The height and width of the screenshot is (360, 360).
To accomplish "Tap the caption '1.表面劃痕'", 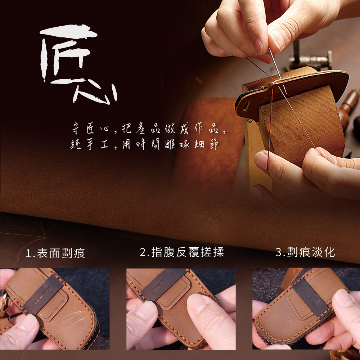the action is [55, 253].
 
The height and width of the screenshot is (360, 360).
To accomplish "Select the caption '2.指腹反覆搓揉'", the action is [182, 252].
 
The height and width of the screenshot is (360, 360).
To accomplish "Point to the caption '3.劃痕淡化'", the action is [305, 252].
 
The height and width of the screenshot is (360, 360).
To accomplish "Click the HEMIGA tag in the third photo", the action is [311, 298].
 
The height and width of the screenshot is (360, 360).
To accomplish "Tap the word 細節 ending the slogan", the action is [206, 144].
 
